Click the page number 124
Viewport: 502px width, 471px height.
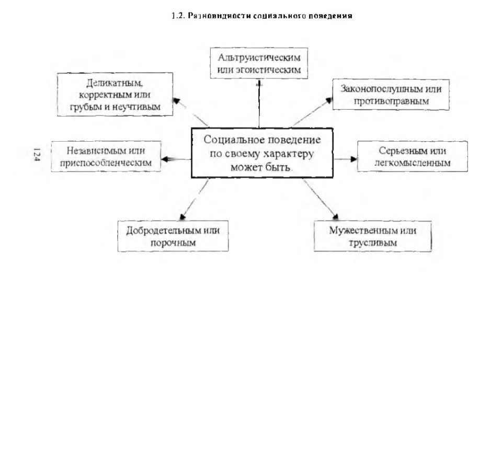[x=37, y=155]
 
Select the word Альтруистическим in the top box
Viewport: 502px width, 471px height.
[x=259, y=58]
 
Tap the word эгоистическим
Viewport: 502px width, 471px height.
[x=268, y=70]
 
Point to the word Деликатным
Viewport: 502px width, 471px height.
[x=115, y=83]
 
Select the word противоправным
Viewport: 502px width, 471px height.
[x=391, y=101]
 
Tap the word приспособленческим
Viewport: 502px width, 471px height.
[x=106, y=163]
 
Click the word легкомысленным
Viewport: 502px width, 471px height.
[x=413, y=163]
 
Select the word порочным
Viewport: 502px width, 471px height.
[x=173, y=243]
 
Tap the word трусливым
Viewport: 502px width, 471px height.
[x=373, y=243]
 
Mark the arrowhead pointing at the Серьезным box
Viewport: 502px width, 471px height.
[x=354, y=159]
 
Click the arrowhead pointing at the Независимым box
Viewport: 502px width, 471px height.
[x=165, y=159]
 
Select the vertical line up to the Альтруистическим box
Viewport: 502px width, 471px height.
[x=259, y=104]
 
